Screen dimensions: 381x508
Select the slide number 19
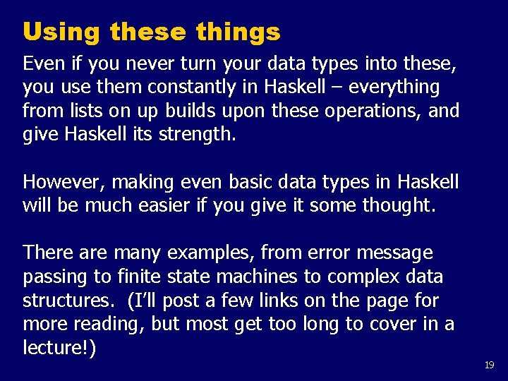(490, 365)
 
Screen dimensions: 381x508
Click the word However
(62, 182)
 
